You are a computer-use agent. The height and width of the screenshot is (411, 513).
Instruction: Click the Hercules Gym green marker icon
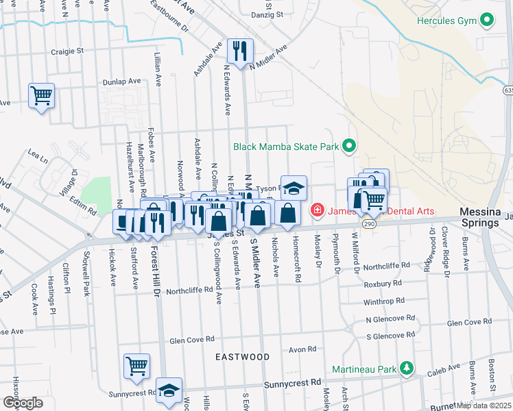coord(487,20)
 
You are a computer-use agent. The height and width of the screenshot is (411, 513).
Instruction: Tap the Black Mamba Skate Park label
coord(287,146)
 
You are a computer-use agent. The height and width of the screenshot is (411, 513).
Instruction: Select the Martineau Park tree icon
coord(407,369)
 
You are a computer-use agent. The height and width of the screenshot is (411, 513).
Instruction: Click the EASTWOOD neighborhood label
coord(242,357)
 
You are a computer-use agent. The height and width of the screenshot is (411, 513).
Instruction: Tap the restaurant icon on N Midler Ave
coord(240,51)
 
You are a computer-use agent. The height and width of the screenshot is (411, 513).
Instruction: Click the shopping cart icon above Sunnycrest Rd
coord(136,366)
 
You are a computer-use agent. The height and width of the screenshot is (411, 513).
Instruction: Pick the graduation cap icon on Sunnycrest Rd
coord(169,390)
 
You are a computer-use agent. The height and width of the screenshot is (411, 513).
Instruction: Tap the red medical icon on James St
coord(318,210)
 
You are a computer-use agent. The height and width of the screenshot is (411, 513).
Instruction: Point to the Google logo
coord(23,402)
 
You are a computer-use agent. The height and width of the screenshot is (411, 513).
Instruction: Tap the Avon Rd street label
coord(302,349)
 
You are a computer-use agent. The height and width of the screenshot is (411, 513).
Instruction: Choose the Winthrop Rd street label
coord(383,301)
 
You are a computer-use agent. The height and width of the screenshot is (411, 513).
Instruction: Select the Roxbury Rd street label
coord(383,282)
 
